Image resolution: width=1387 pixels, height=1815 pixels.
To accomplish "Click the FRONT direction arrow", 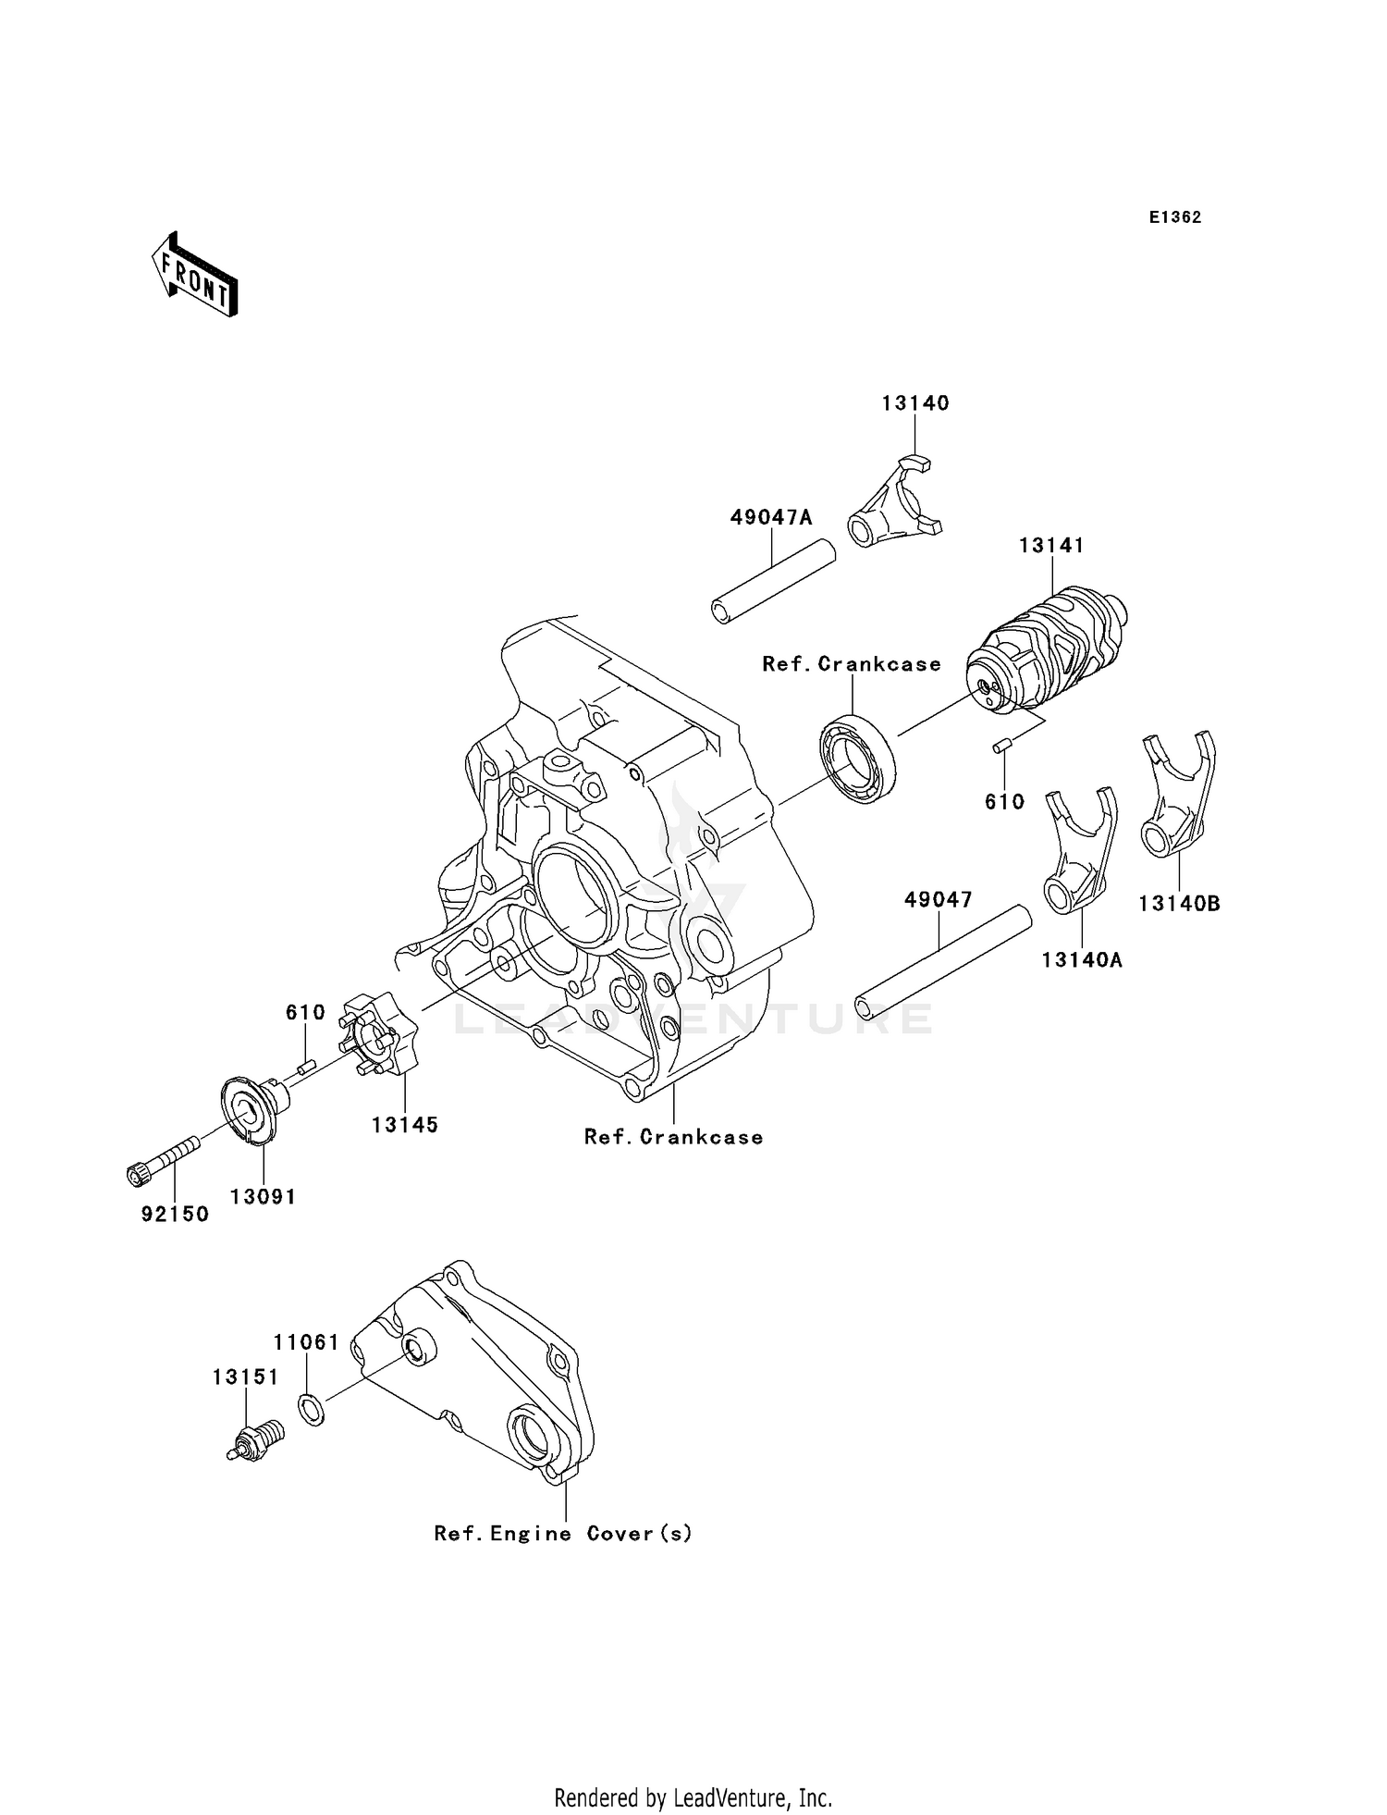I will point(195,274).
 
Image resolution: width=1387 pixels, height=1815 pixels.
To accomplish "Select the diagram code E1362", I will point(1174,217).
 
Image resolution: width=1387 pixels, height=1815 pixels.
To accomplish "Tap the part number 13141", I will point(1051,546).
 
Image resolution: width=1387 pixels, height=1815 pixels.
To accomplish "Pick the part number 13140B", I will point(1179,904).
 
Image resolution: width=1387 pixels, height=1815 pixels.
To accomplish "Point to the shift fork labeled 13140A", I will point(1079,850).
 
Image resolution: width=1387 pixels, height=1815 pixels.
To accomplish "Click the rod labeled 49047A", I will point(774,587).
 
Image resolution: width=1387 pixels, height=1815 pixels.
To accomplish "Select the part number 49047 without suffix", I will point(938,899).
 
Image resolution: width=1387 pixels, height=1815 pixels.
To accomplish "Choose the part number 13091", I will point(263,1196).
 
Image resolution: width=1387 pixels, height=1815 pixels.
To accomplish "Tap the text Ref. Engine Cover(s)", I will point(563,1534).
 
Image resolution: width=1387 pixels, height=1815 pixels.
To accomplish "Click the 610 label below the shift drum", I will point(1004,802).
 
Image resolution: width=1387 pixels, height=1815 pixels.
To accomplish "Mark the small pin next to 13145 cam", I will point(307,1067).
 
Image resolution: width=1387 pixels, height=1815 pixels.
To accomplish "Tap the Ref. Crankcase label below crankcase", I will point(673,1137).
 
